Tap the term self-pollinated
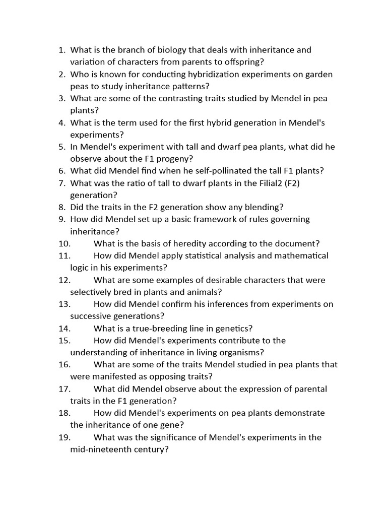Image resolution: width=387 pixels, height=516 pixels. (231, 171)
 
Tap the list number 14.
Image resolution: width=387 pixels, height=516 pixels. (64, 328)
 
